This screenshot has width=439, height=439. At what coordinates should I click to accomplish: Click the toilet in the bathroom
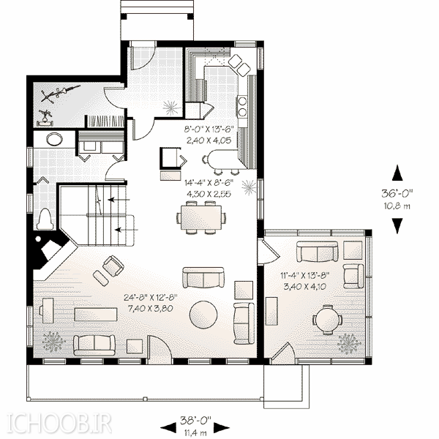[45, 219]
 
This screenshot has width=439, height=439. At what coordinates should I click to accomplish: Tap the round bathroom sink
[54, 139]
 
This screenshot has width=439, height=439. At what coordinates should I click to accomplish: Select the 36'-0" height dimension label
[397, 193]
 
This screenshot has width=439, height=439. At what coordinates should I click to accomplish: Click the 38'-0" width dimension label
[195, 420]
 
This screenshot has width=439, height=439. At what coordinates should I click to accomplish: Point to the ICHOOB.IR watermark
[59, 424]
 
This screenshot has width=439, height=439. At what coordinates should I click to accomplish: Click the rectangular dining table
[201, 217]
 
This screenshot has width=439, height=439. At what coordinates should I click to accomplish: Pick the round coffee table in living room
[203, 315]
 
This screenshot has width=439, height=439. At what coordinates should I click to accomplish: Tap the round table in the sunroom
[327, 320]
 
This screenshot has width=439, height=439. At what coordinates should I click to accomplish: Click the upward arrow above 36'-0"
[397, 173]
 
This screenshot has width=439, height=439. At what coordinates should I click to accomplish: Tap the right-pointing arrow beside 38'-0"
[222, 427]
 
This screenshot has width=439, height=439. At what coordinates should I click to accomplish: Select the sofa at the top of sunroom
[318, 251]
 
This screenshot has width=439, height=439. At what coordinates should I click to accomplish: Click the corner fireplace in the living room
[52, 252]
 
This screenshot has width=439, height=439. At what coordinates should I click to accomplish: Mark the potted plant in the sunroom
[349, 343]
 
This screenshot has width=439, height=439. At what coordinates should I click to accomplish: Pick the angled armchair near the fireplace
[113, 266]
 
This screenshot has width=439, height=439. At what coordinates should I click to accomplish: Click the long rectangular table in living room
[95, 314]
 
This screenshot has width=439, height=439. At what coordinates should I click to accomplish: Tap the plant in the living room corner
[53, 342]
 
